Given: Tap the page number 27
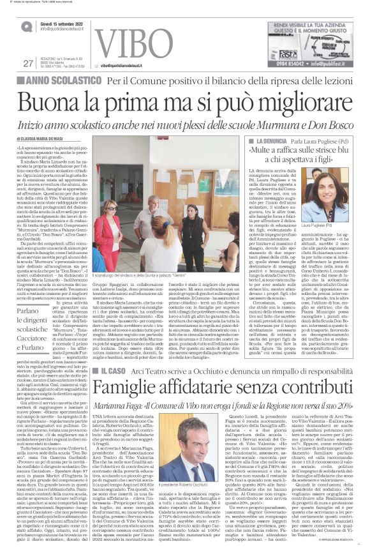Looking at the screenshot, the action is coord(27,63).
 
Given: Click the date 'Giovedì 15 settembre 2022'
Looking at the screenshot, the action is coord(64,22).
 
